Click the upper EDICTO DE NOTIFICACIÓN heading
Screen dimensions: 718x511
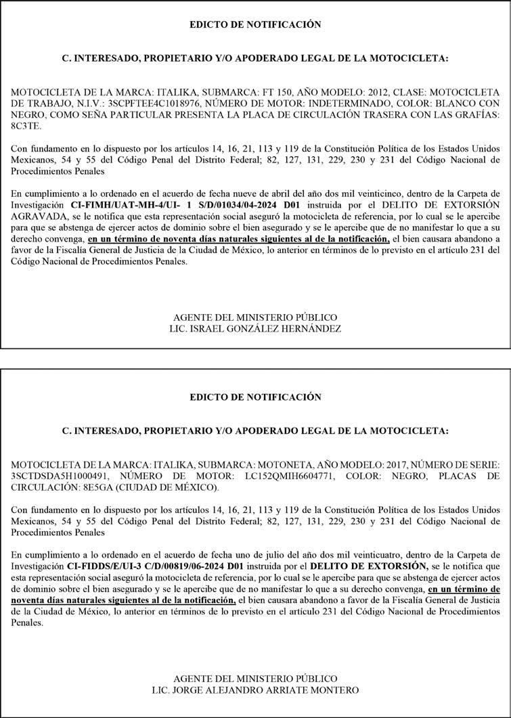coord(255,25)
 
